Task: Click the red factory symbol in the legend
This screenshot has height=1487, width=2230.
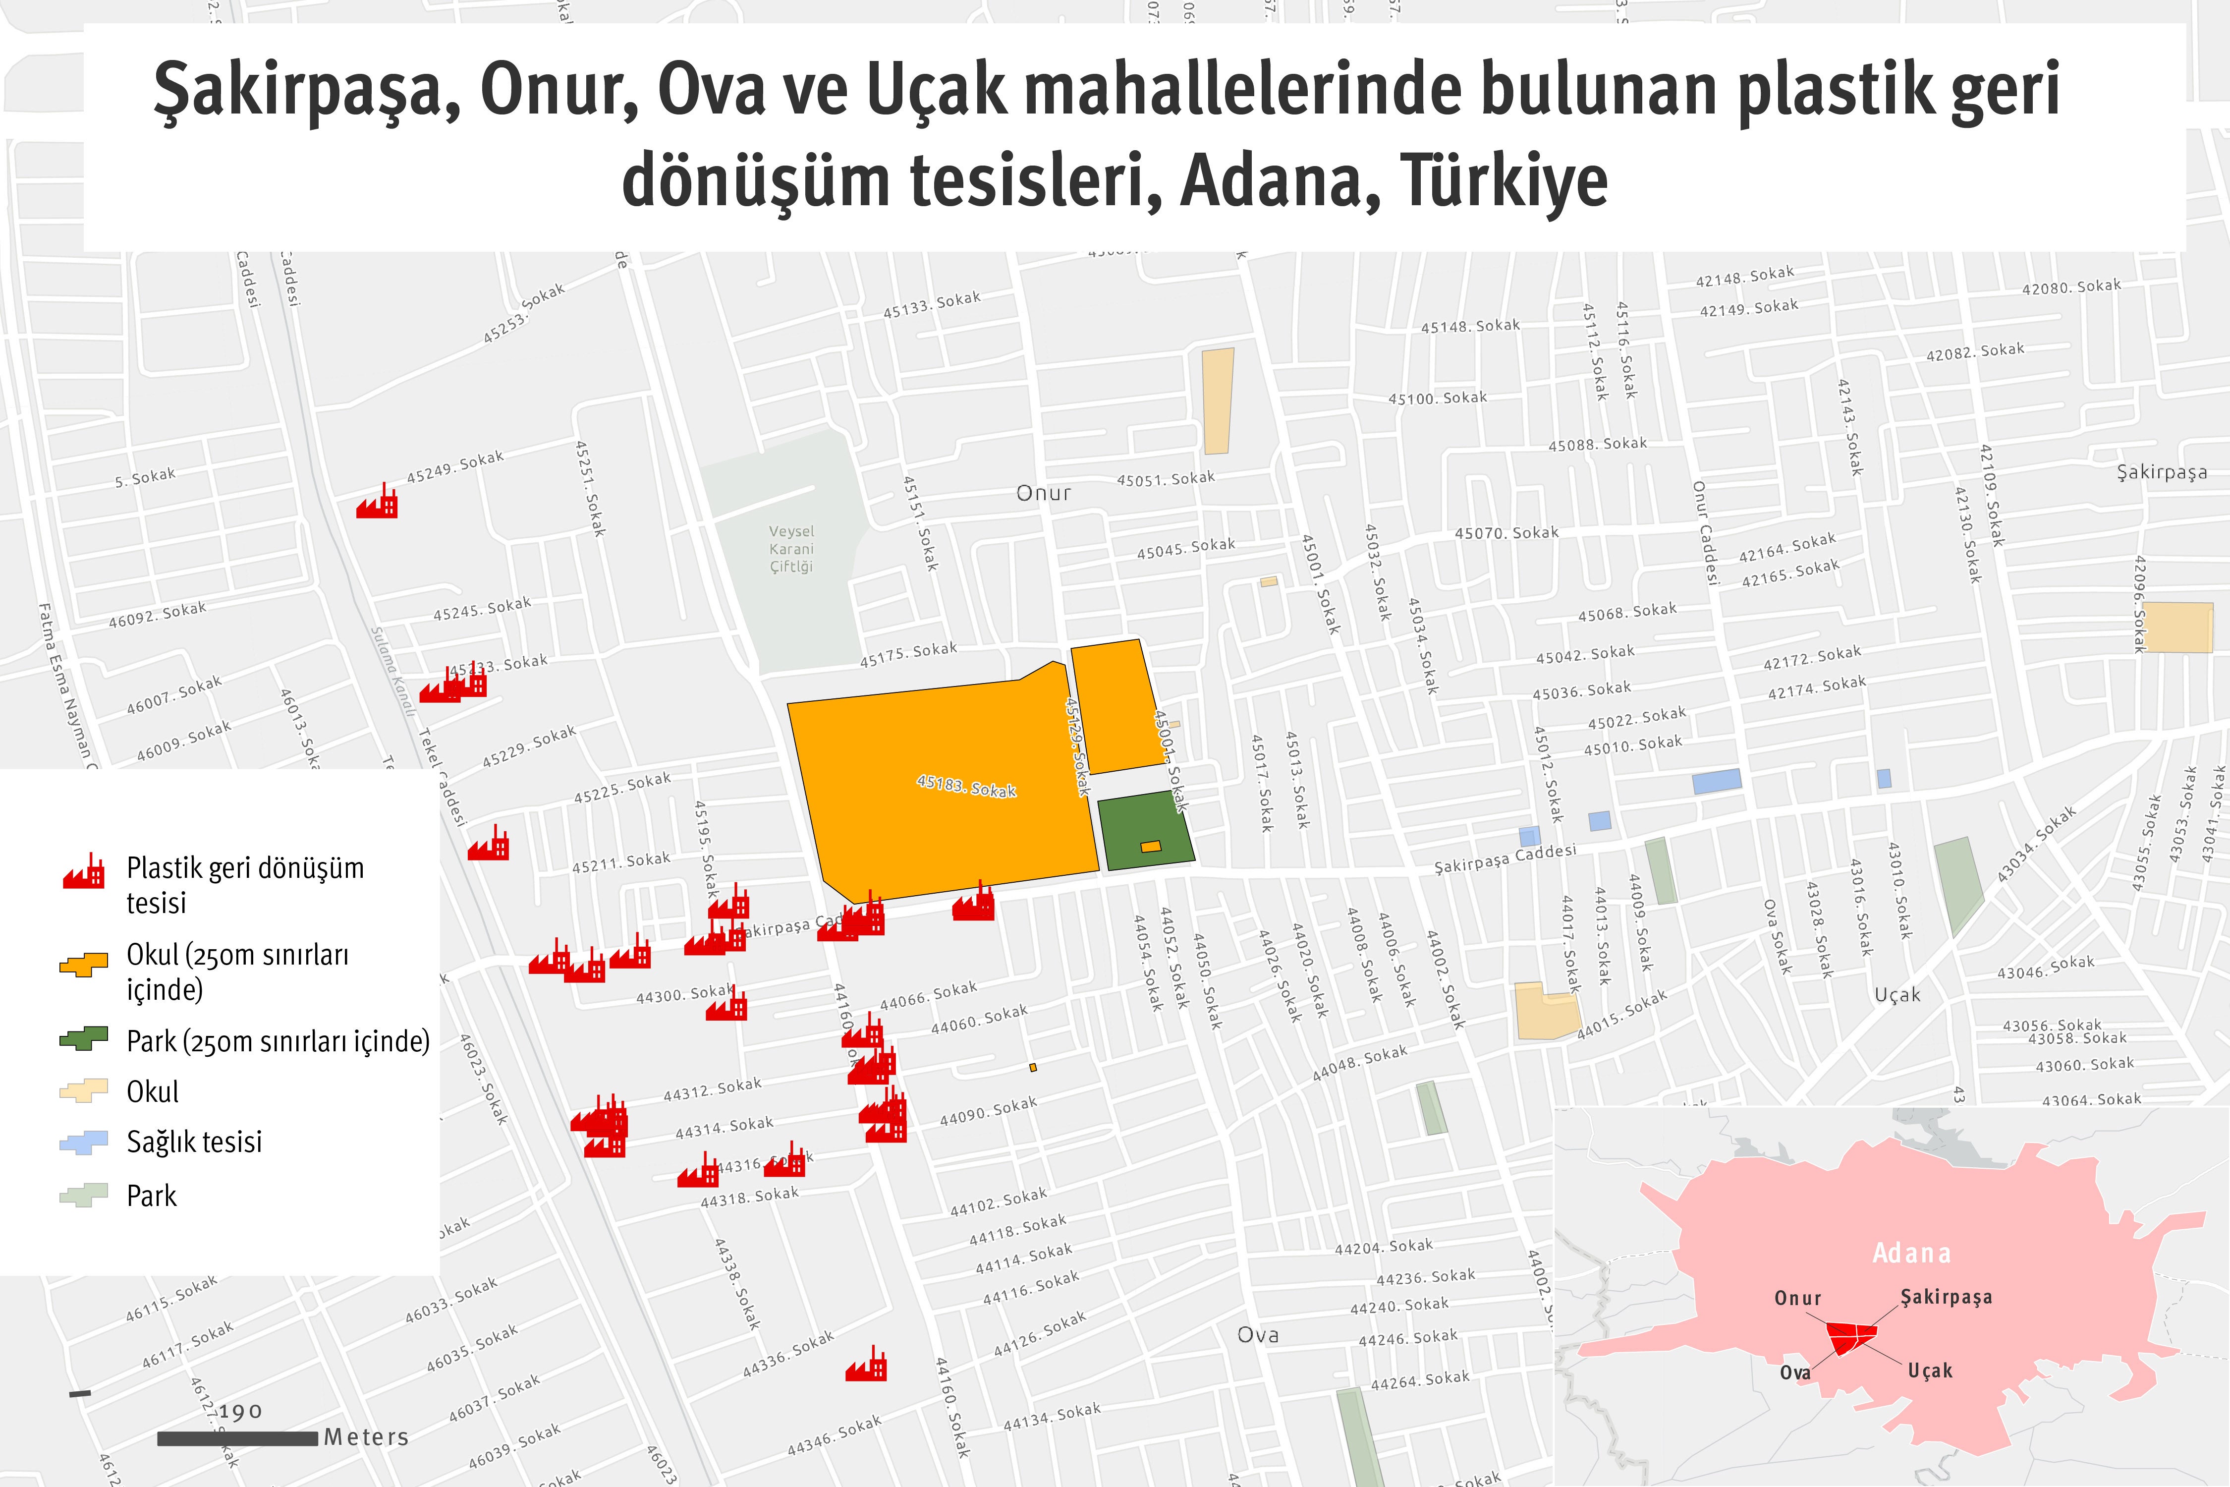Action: (83, 870)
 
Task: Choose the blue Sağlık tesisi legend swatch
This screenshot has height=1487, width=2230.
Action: (83, 1142)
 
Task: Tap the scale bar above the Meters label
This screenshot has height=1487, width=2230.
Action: (237, 1438)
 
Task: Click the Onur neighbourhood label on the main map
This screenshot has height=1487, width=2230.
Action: (1043, 493)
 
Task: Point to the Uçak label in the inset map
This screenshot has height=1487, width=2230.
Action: (1929, 1371)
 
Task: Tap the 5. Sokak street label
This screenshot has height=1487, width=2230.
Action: (145, 477)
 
